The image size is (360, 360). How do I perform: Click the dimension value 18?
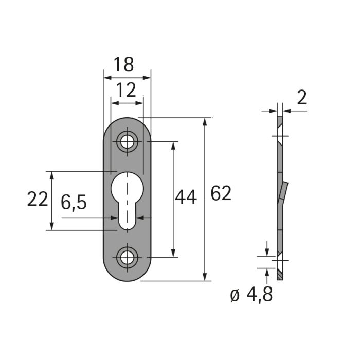(123, 64)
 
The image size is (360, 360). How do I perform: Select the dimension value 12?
(127, 90)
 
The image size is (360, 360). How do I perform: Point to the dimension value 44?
(186, 197)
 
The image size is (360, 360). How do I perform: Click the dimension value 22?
(38, 199)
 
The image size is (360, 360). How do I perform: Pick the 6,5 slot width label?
(74, 202)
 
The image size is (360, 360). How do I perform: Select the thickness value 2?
(302, 98)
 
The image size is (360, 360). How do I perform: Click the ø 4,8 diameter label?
(251, 295)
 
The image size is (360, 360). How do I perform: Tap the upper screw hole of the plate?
(127, 141)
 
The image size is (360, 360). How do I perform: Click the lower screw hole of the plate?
(127, 258)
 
